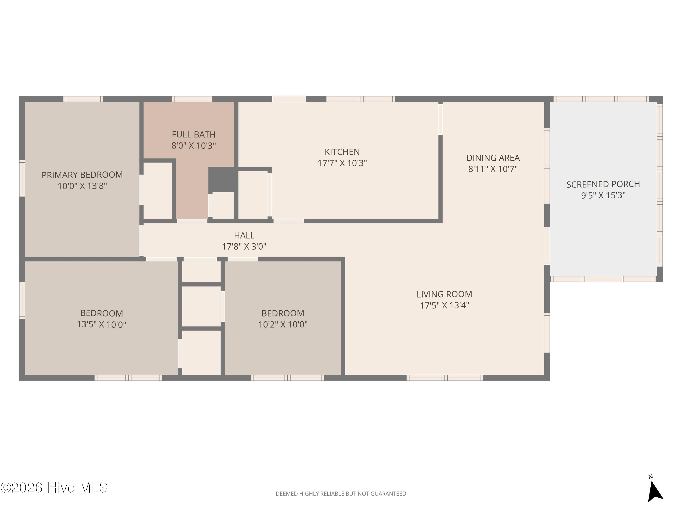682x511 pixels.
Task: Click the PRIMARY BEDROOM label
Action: (82, 175)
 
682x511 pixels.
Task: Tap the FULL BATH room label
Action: (194, 135)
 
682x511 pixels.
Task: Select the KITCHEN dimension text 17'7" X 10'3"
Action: (342, 163)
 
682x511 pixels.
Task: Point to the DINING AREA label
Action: (493, 158)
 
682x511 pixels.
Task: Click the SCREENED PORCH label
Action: (603, 184)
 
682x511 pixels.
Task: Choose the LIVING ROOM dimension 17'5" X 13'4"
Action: (444, 305)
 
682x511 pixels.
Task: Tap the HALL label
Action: (244, 235)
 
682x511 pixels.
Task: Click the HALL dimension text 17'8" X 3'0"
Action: (244, 246)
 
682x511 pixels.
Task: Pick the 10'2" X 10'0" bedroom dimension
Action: (283, 324)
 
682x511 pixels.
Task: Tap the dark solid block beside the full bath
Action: (223, 180)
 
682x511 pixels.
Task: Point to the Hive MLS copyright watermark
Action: (54, 488)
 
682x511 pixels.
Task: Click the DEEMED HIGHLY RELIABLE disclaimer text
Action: (341, 494)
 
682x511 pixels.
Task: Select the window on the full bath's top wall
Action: (192, 99)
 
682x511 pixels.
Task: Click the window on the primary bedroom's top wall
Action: (83, 99)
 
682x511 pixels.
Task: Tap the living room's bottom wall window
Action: (445, 378)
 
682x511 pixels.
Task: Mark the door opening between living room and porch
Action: (547, 246)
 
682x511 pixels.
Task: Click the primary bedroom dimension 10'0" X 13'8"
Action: (82, 186)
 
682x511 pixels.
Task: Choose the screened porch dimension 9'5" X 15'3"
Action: (603, 195)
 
